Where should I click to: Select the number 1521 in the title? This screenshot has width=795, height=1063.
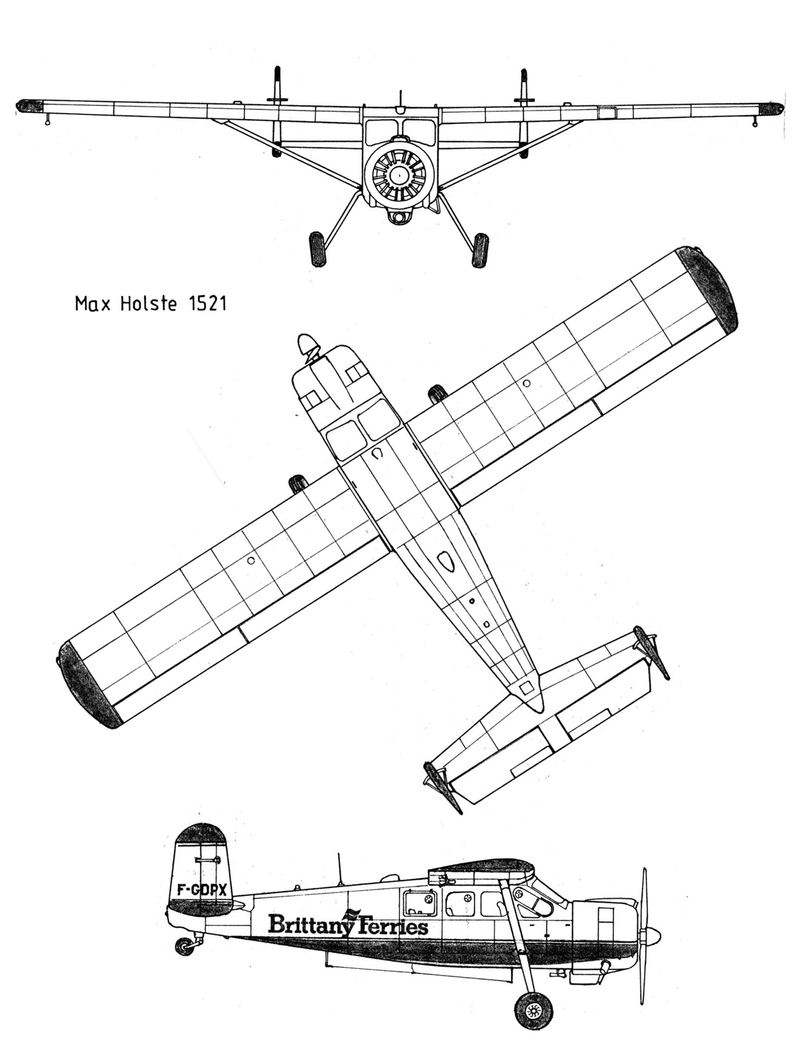pyautogui.click(x=207, y=303)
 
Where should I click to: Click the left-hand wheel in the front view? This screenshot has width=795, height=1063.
pyautogui.click(x=317, y=249)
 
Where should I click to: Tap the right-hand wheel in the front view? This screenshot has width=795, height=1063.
pyautogui.click(x=480, y=250)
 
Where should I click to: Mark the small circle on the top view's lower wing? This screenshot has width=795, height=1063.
pyautogui.click(x=250, y=561)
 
